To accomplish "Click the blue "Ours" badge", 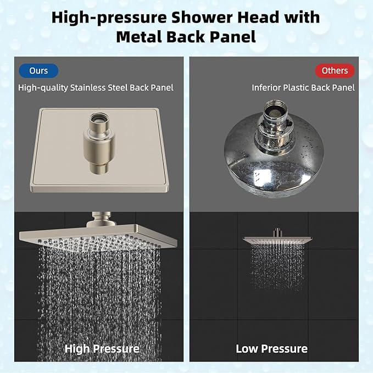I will tap(38, 71).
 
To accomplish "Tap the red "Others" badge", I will tap(335, 71).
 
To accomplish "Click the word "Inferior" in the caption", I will tap(269, 87).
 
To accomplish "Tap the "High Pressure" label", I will tap(102, 348).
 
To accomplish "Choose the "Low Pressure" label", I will tap(271, 348).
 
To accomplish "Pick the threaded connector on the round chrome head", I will tap(275, 116).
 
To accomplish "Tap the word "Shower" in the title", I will tap(201, 17).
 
